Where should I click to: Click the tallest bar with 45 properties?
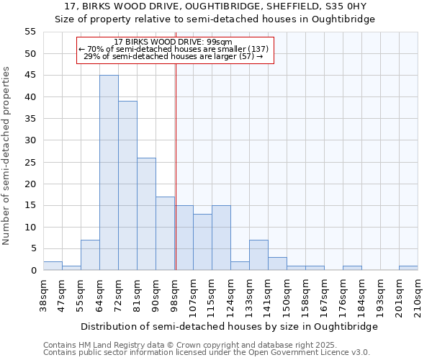109,173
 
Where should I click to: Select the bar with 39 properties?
127,186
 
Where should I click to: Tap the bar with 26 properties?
146,214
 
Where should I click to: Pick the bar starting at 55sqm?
90,255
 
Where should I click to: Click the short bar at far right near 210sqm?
408,268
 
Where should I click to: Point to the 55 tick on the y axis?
30,32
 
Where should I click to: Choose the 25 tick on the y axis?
30,162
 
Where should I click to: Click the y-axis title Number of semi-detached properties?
6,156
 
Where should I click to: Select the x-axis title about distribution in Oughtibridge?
229,326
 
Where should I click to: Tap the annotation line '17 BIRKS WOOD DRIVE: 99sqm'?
173,42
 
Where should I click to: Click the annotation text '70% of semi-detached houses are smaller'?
173,49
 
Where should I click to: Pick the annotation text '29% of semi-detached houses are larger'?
173,56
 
